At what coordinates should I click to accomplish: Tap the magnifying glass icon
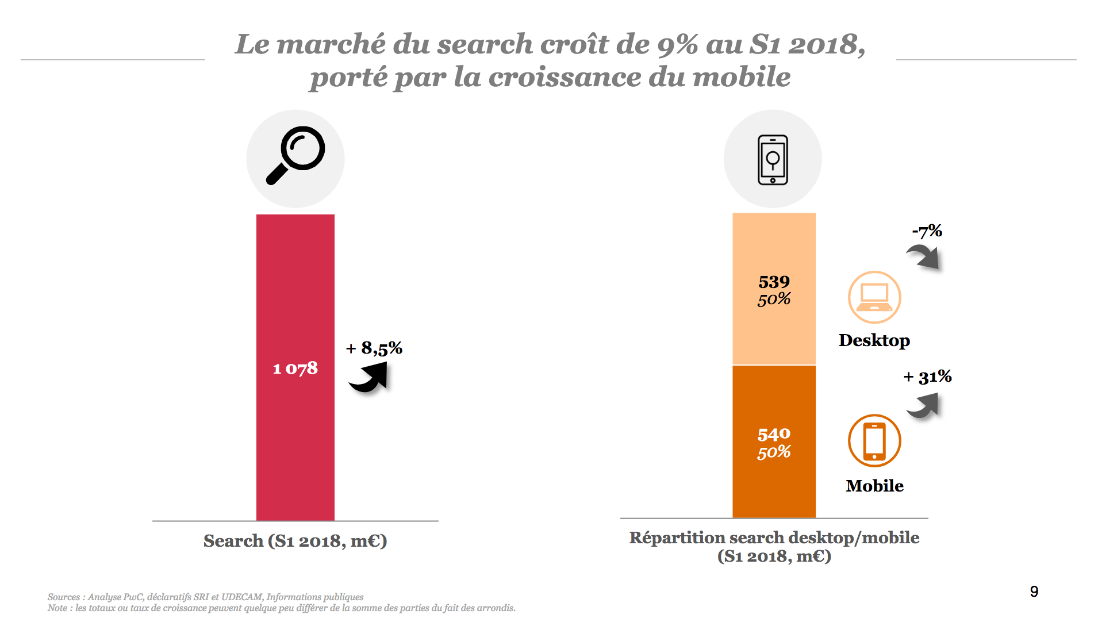(x=295, y=156)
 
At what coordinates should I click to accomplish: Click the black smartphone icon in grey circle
(x=773, y=159)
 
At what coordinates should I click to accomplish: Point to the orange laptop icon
(x=874, y=297)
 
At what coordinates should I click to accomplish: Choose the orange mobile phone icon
(x=874, y=440)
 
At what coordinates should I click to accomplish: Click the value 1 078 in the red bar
(x=295, y=368)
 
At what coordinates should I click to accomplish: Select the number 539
(x=774, y=282)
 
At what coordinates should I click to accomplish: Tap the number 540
(x=774, y=434)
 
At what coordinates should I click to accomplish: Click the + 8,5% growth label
(x=374, y=348)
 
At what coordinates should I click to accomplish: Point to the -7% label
(x=927, y=231)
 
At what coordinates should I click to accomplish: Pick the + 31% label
(x=927, y=377)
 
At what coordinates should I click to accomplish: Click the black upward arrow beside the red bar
(x=369, y=378)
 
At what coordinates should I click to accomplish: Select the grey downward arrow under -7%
(x=924, y=256)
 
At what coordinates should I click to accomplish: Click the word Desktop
(x=874, y=340)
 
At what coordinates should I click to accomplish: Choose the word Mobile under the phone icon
(x=874, y=486)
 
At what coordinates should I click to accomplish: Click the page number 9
(x=1034, y=592)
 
